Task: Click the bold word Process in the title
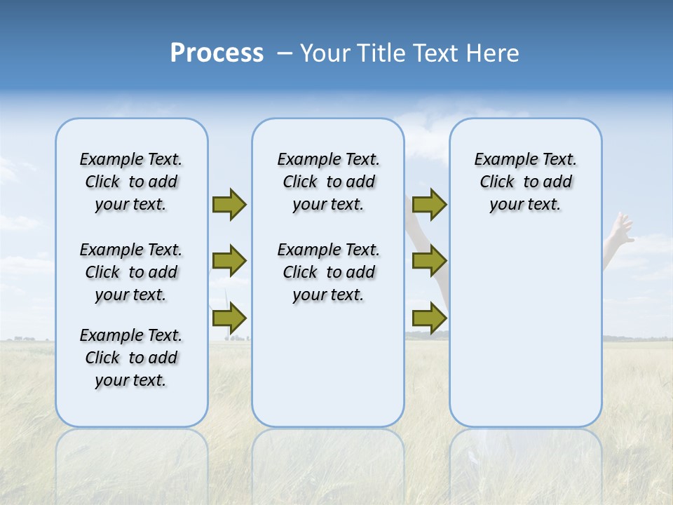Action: pos(217,53)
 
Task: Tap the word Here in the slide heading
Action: pos(494,53)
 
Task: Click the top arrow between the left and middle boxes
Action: pos(229,204)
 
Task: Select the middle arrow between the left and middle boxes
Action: pos(229,261)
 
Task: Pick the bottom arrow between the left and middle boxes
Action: pos(229,318)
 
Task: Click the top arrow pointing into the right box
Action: pos(429,204)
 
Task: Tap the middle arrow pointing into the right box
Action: pos(429,261)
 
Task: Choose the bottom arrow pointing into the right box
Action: pos(429,318)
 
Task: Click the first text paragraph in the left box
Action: pos(131,182)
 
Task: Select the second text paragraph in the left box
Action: pos(131,272)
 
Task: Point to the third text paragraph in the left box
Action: pos(131,358)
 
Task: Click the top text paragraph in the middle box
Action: pos(328,182)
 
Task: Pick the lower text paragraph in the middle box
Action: pos(328,272)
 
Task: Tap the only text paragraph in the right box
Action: pos(525,182)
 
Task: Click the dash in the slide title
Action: pos(285,53)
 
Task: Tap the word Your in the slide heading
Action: pos(326,53)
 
